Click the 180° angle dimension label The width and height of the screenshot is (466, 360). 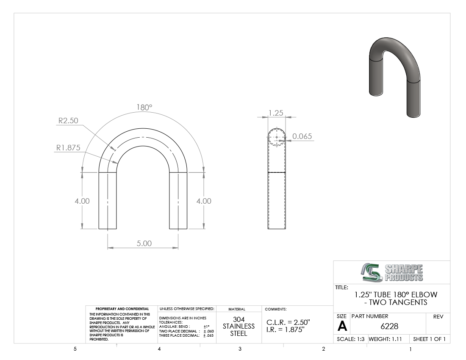point(144,107)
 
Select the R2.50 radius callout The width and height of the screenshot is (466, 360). point(68,121)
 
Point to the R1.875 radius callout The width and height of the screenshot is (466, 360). point(68,148)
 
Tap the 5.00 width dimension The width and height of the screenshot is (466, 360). point(144,243)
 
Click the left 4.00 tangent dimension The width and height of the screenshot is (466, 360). point(82,201)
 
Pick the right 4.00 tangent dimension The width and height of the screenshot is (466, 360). point(204,201)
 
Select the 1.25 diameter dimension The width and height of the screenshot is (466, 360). point(276,113)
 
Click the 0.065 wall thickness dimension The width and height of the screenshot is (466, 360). point(302,136)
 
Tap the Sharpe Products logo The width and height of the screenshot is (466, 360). point(392,272)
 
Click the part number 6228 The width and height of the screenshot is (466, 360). point(389,327)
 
